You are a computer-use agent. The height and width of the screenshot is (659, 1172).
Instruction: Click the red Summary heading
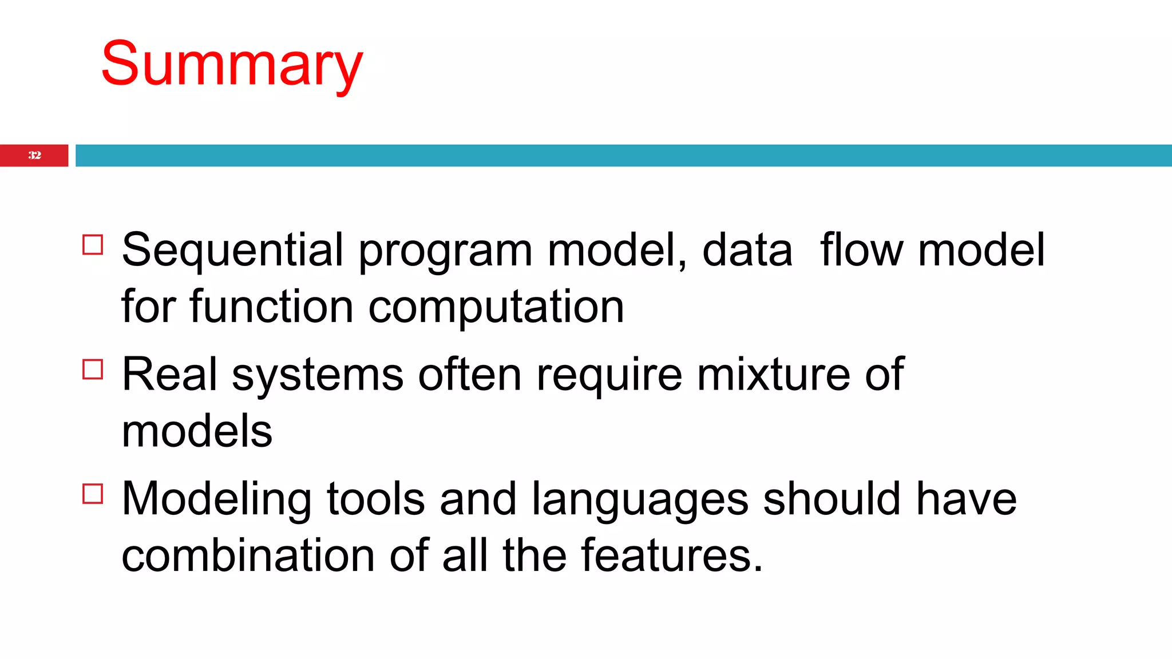pyautogui.click(x=232, y=64)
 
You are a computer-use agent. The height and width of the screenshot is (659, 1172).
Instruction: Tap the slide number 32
pyautogui.click(x=34, y=155)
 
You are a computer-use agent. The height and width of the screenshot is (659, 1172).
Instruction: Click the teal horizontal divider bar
pyautogui.click(x=623, y=155)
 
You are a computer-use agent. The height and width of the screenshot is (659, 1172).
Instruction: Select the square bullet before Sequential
pyautogui.click(x=93, y=244)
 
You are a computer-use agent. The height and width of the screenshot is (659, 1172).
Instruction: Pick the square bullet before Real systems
pyautogui.click(x=93, y=369)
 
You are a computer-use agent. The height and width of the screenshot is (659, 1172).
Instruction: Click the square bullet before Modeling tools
pyautogui.click(x=93, y=493)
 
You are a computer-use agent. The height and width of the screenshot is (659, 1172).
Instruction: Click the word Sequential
pyautogui.click(x=232, y=251)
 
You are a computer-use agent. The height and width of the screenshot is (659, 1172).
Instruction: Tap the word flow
pyautogui.click(x=861, y=250)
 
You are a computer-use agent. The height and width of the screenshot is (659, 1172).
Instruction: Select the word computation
pyautogui.click(x=496, y=308)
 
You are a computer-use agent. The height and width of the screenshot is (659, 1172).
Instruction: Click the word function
pyautogui.click(x=271, y=307)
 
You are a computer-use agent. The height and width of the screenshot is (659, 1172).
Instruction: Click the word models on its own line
pyautogui.click(x=197, y=431)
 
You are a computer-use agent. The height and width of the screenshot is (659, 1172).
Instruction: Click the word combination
pyautogui.click(x=248, y=555)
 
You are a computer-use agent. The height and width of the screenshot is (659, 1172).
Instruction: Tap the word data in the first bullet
pyautogui.click(x=747, y=251)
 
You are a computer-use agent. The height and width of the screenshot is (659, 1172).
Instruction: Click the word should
pyautogui.click(x=832, y=499)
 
